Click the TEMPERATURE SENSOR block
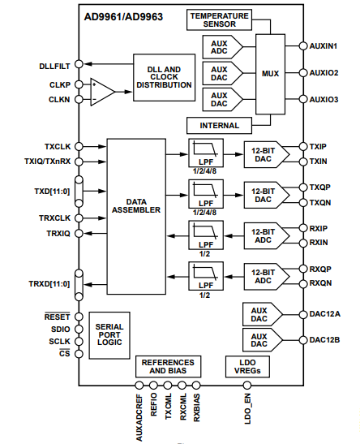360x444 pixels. pos(219,19)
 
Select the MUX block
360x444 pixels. pos(270,74)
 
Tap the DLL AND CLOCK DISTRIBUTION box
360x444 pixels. pos(164,77)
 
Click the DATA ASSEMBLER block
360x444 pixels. pos(136,217)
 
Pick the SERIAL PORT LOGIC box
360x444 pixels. pos(109,335)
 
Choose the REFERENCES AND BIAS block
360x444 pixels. pos(169,366)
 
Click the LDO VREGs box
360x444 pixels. pos(247,366)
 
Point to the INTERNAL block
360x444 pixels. pos(219,126)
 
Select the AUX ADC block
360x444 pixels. pos(222,47)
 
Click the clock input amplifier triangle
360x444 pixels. pos(102,92)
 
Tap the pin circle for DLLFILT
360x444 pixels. pos(79,64)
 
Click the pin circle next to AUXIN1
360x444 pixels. pos(303,46)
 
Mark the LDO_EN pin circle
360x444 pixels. pos(247,386)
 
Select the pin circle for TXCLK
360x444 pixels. pos(79,146)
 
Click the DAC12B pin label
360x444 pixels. pos(324,340)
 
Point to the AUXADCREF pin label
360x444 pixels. pos(139,418)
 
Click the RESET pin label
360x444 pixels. pos(57,317)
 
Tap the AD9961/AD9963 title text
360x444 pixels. pos(123,17)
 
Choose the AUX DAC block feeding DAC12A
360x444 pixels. pos(263,314)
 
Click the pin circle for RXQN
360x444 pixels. pos(303,284)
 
